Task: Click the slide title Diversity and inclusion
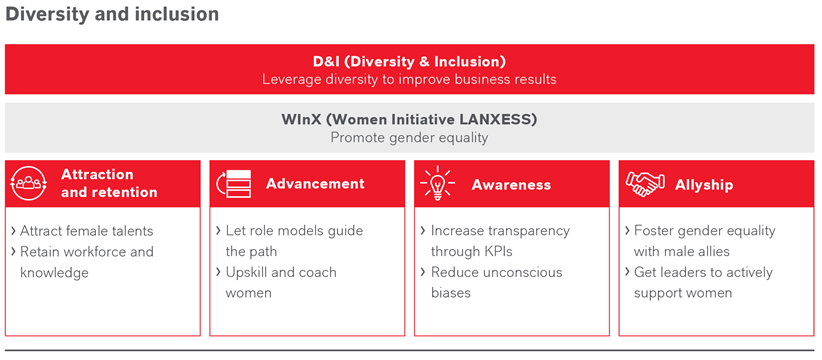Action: coord(112,15)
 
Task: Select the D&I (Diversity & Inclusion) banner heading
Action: coord(409,61)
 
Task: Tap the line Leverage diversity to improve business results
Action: coord(409,79)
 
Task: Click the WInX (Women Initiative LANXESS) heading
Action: coord(409,119)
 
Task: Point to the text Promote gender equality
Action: coord(409,137)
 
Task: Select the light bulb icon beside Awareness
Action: coord(439,184)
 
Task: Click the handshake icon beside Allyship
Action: coord(645,184)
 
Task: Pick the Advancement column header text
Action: coord(315,184)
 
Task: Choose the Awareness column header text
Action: coord(511,184)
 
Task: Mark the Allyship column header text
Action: coord(704,184)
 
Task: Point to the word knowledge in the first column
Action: coord(55,273)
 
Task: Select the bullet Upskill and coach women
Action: coord(280,282)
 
